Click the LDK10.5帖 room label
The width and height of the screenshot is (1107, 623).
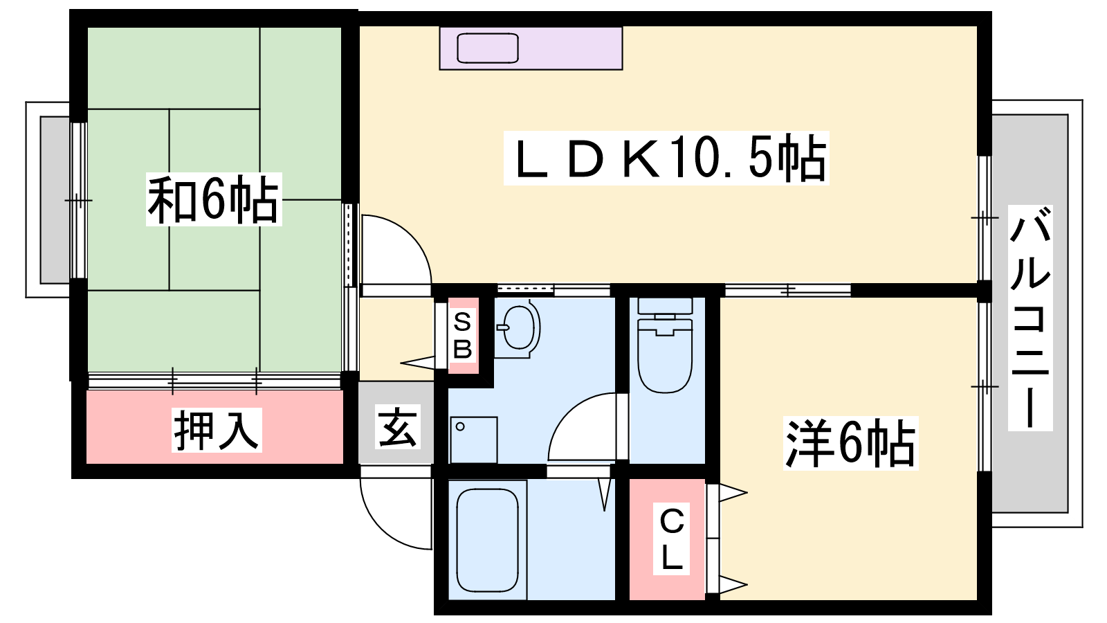pos(666,159)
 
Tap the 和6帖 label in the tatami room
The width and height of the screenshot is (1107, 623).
pos(214,199)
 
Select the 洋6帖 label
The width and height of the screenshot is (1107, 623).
pos(850,443)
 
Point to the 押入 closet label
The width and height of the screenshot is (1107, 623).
pos(217,430)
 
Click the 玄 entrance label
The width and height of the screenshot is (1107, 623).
pos(397,426)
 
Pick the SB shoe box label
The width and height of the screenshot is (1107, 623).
pos(463,335)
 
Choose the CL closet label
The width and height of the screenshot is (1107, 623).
pos(671,539)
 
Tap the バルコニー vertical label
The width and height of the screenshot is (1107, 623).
pos(1030,318)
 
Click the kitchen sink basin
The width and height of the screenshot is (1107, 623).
pos(488,48)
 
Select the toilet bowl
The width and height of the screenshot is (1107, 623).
pos(665,356)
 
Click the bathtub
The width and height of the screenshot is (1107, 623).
pos(488,540)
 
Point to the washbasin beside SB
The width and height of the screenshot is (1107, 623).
pos(518,328)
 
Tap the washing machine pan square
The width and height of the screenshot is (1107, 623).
pos(473,440)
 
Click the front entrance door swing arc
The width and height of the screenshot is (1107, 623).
pos(395,509)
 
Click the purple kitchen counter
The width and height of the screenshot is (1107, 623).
pos(531,48)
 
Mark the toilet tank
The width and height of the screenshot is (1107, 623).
pos(665,305)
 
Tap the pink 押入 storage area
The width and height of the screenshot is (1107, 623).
pos(215,427)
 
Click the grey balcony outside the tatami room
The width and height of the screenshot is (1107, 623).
pos(55,200)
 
